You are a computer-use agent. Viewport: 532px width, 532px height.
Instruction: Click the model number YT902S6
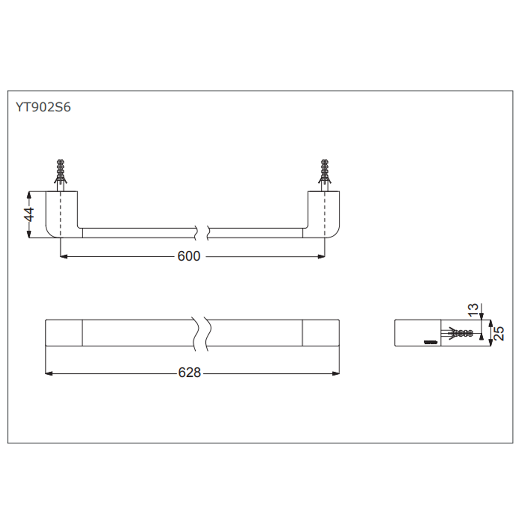click(43, 107)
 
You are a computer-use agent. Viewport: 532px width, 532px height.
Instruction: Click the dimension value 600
click(189, 257)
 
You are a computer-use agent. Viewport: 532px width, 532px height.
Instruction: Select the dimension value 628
click(190, 373)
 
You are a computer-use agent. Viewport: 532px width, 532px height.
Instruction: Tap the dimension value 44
click(30, 214)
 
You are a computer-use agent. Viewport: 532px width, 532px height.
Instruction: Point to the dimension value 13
click(473, 309)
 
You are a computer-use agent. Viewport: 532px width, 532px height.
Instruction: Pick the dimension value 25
click(499, 333)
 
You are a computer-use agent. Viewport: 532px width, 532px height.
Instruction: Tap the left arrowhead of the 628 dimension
click(48, 373)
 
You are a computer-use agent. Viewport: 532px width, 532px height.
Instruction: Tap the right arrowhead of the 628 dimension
click(336, 373)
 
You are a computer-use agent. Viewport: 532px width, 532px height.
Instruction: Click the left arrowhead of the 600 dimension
click(63, 257)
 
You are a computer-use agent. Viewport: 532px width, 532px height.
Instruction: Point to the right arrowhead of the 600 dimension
click(322, 257)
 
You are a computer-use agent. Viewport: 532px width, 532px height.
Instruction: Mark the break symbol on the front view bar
click(202, 233)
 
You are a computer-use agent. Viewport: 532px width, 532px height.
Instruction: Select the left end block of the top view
click(64, 333)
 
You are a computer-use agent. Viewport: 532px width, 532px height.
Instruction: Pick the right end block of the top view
click(320, 333)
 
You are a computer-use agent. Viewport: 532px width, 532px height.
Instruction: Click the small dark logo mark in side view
click(432, 341)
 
